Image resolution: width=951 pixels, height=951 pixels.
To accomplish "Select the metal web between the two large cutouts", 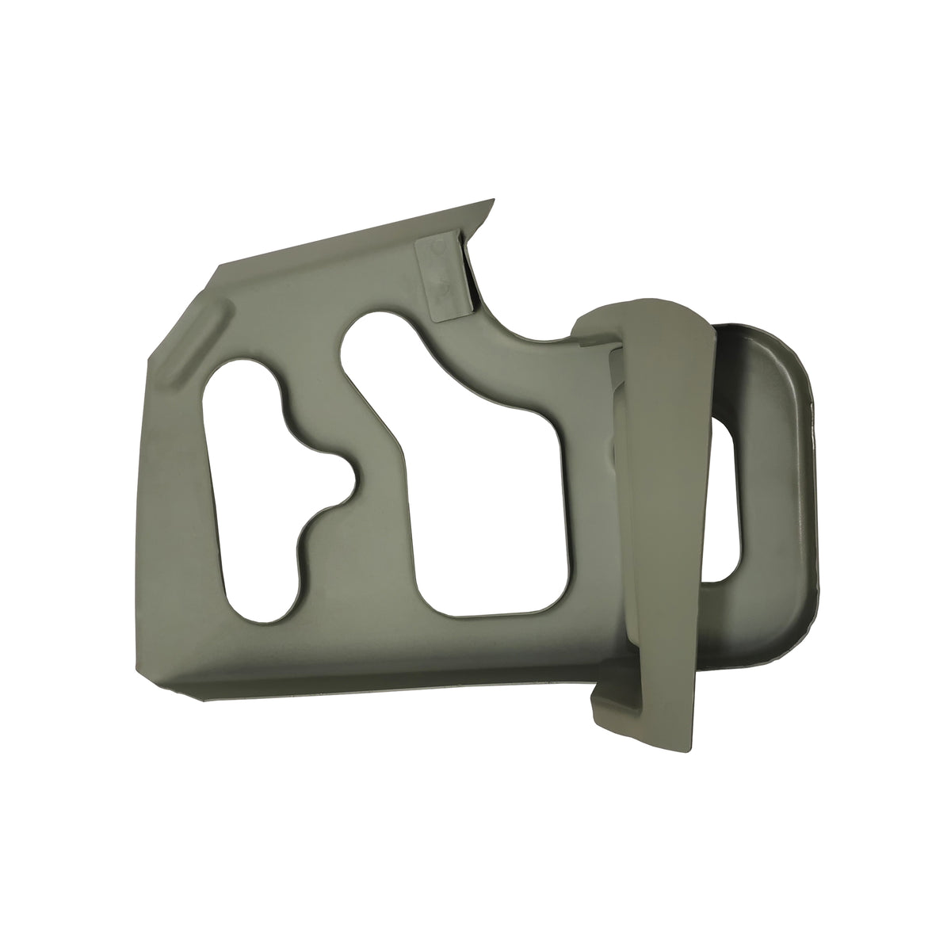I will click(372, 507).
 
